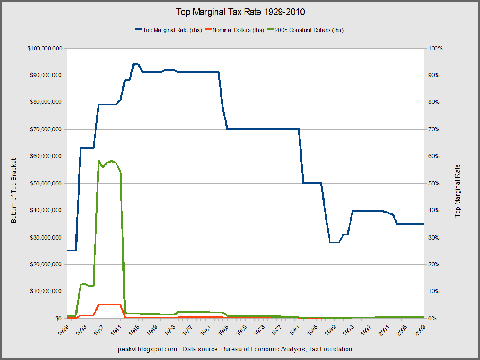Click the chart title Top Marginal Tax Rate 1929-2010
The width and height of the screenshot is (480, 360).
(240, 12)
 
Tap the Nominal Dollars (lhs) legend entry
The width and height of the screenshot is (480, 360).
(238, 30)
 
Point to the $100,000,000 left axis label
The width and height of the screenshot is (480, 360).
(45, 48)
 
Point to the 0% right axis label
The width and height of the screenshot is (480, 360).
(433, 318)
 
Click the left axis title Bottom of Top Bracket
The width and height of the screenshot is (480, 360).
(14, 190)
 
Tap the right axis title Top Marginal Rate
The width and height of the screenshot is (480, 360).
(458, 190)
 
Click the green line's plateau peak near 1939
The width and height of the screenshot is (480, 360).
(111, 161)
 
